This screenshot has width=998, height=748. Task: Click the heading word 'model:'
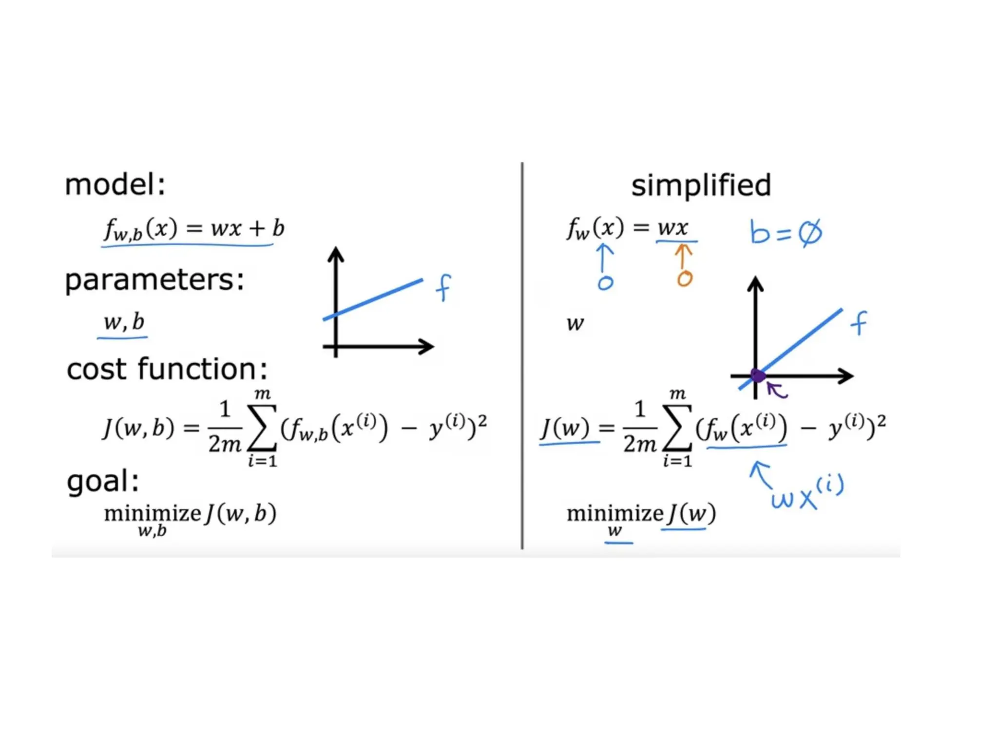pyautogui.click(x=115, y=185)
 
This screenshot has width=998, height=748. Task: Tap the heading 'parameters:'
pyautogui.click(x=154, y=280)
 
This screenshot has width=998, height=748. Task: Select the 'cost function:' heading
pyautogui.click(x=167, y=369)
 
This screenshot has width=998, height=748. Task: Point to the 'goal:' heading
pyautogui.click(x=103, y=481)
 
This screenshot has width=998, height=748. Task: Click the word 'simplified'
pyautogui.click(x=701, y=186)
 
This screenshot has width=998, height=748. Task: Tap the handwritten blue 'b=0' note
pyautogui.click(x=785, y=233)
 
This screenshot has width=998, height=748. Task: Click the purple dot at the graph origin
pyautogui.click(x=758, y=375)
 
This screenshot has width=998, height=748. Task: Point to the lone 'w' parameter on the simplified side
pyautogui.click(x=575, y=323)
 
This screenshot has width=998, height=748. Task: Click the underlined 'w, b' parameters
pyautogui.click(x=124, y=322)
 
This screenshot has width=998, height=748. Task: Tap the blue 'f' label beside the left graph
pyautogui.click(x=443, y=287)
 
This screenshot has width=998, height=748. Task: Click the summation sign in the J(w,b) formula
pyautogui.click(x=262, y=429)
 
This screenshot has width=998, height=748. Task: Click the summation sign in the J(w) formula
pyautogui.click(x=677, y=429)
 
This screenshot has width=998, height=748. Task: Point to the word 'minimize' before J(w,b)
pyautogui.click(x=153, y=514)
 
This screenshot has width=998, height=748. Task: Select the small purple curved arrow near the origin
pyautogui.click(x=777, y=390)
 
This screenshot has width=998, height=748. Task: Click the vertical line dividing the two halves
pyautogui.click(x=522, y=355)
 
